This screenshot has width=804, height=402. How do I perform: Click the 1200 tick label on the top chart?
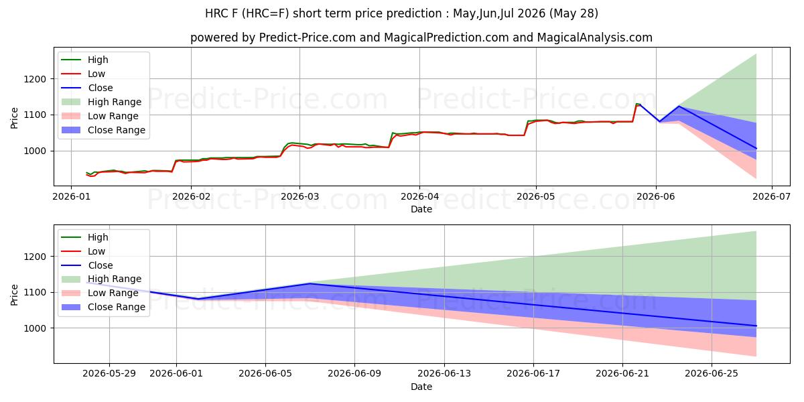[x=35, y=79]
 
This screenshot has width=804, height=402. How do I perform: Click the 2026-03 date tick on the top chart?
[x=299, y=197]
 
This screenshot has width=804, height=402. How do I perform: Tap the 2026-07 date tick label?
[x=771, y=197]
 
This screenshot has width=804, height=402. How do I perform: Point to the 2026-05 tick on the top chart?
[x=536, y=197]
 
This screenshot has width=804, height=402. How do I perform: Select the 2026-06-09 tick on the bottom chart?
[x=354, y=374]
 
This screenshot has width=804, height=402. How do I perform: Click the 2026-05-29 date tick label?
[x=109, y=374]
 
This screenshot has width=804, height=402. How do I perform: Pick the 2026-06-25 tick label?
[x=712, y=374]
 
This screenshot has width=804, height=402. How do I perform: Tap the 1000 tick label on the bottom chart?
[x=35, y=328]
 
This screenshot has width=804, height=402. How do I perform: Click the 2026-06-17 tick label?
[x=533, y=374]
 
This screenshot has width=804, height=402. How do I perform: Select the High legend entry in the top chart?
[x=84, y=60]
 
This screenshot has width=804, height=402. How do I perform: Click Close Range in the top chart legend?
[x=103, y=130]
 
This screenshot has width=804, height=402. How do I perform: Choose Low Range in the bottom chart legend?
[x=100, y=293]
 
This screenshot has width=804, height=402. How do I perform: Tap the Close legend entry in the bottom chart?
[x=87, y=265]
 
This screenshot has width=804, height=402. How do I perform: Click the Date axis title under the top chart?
[x=421, y=209]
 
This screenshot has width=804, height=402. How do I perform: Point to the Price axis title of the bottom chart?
[x=14, y=295]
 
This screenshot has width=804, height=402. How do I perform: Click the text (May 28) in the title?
[x=574, y=13]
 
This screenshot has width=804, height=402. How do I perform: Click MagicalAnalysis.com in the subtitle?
[x=595, y=38]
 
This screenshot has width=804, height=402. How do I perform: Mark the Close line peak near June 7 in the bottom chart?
[x=310, y=283]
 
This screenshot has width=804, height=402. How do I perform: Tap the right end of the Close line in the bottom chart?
[x=756, y=326]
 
